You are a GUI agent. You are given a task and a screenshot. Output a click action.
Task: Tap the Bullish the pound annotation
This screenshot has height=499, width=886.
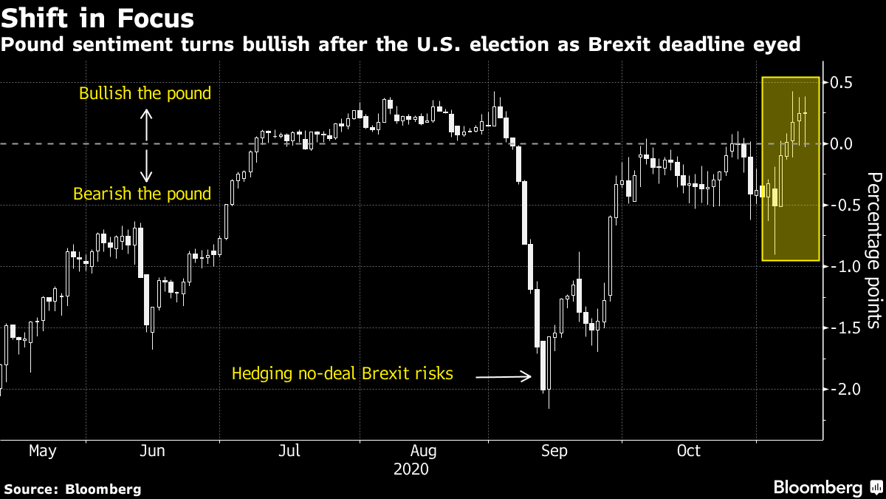click(x=145, y=94)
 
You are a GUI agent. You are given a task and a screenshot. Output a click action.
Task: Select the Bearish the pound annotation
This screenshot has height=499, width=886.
click(x=142, y=194)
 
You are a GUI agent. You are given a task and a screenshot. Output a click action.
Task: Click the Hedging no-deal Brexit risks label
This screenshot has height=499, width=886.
click(x=342, y=373)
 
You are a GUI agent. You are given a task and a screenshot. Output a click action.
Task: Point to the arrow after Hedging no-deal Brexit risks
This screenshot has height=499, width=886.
click(x=504, y=377)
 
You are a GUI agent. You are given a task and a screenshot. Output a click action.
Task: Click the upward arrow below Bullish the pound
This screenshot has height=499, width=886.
click(x=146, y=125)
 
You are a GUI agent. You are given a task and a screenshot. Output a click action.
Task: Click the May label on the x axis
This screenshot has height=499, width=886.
click(x=42, y=450)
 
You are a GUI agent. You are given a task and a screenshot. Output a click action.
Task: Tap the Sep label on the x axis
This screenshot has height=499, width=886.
click(x=553, y=450)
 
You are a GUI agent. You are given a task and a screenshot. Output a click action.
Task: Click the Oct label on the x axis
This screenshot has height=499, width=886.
click(x=688, y=450)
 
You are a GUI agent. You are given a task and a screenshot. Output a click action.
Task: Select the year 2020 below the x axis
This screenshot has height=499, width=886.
click(x=411, y=469)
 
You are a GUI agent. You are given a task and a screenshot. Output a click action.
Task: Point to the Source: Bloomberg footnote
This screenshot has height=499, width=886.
click(x=72, y=489)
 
